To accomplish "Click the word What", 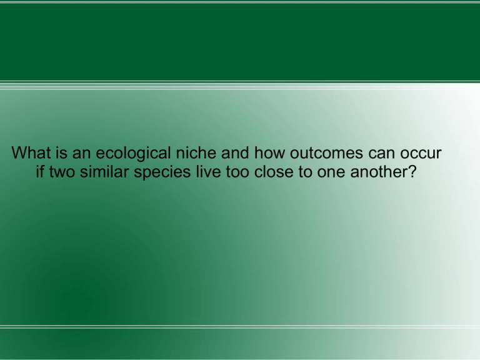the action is pos(31,152).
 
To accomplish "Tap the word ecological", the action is pos(133,154).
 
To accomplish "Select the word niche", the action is pos(196,152).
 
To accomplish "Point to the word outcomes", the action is pos(326,153).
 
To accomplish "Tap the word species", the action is pos(162,172).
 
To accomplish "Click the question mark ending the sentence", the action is pos(412,171).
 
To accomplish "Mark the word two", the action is pos(62,172).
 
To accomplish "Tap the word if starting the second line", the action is pos(39,171).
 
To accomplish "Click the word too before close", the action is pos(237,172).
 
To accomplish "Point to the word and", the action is pos(235,152).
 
